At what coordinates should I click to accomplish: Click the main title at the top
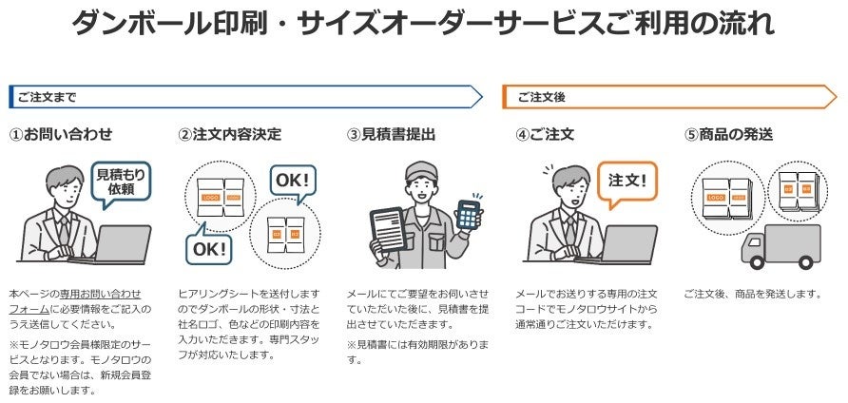(423, 23)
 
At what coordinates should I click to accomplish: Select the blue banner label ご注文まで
(46, 97)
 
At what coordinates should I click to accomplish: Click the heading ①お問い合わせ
(61, 135)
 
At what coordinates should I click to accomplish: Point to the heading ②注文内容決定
(229, 135)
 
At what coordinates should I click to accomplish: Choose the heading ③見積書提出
(392, 135)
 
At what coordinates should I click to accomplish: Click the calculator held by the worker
(469, 214)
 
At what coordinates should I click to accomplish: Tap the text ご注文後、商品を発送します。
(752, 295)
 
